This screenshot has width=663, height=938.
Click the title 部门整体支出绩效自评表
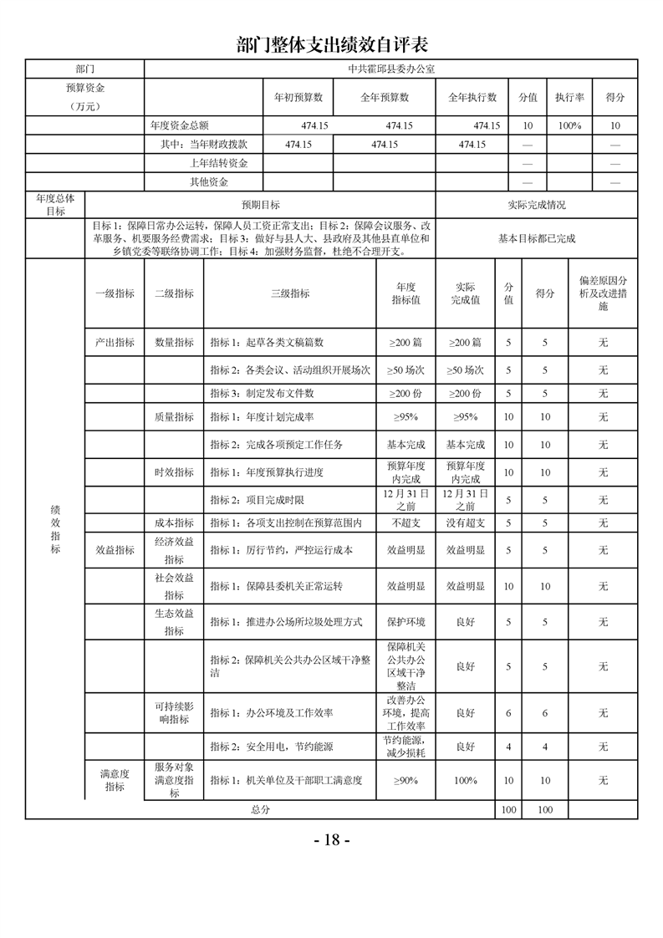click(x=332, y=43)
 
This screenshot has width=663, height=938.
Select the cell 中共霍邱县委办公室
click(x=391, y=68)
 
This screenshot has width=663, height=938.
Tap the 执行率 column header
click(x=569, y=97)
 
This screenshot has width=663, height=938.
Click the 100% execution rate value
click(x=569, y=125)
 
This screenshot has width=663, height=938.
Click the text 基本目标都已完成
click(x=537, y=238)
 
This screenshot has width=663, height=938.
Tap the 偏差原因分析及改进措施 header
click(x=603, y=293)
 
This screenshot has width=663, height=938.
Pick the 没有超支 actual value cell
click(x=465, y=523)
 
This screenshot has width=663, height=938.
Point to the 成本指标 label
click(x=174, y=523)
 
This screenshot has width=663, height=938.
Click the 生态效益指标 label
click(x=174, y=622)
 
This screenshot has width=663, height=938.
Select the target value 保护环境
click(x=405, y=622)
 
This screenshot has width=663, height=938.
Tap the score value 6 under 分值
click(x=508, y=713)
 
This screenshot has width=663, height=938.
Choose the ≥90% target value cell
click(x=405, y=781)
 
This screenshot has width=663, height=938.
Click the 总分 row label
click(x=260, y=810)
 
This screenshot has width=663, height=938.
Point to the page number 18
click(x=332, y=840)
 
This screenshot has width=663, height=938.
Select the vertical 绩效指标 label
click(x=55, y=528)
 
